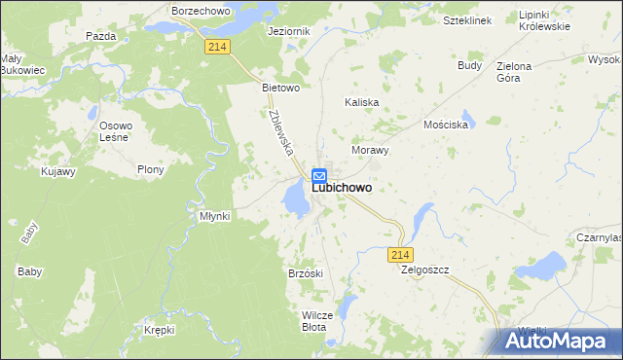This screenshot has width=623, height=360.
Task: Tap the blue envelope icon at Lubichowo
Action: point(318,175)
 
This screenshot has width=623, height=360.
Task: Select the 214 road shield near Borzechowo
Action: point(217,46)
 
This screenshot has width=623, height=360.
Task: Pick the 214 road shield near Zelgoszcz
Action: point(399,254)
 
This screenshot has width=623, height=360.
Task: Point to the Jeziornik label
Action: point(288,31)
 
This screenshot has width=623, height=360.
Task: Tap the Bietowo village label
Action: point(278,87)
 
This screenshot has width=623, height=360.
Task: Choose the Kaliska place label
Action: point(362,101)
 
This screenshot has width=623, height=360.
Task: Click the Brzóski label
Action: point(306,273)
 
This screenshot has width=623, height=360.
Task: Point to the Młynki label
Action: point(214,216)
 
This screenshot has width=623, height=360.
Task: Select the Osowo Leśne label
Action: point(116,132)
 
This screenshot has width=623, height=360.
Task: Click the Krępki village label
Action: point(158,331)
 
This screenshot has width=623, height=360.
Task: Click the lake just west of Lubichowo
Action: point(293,197)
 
